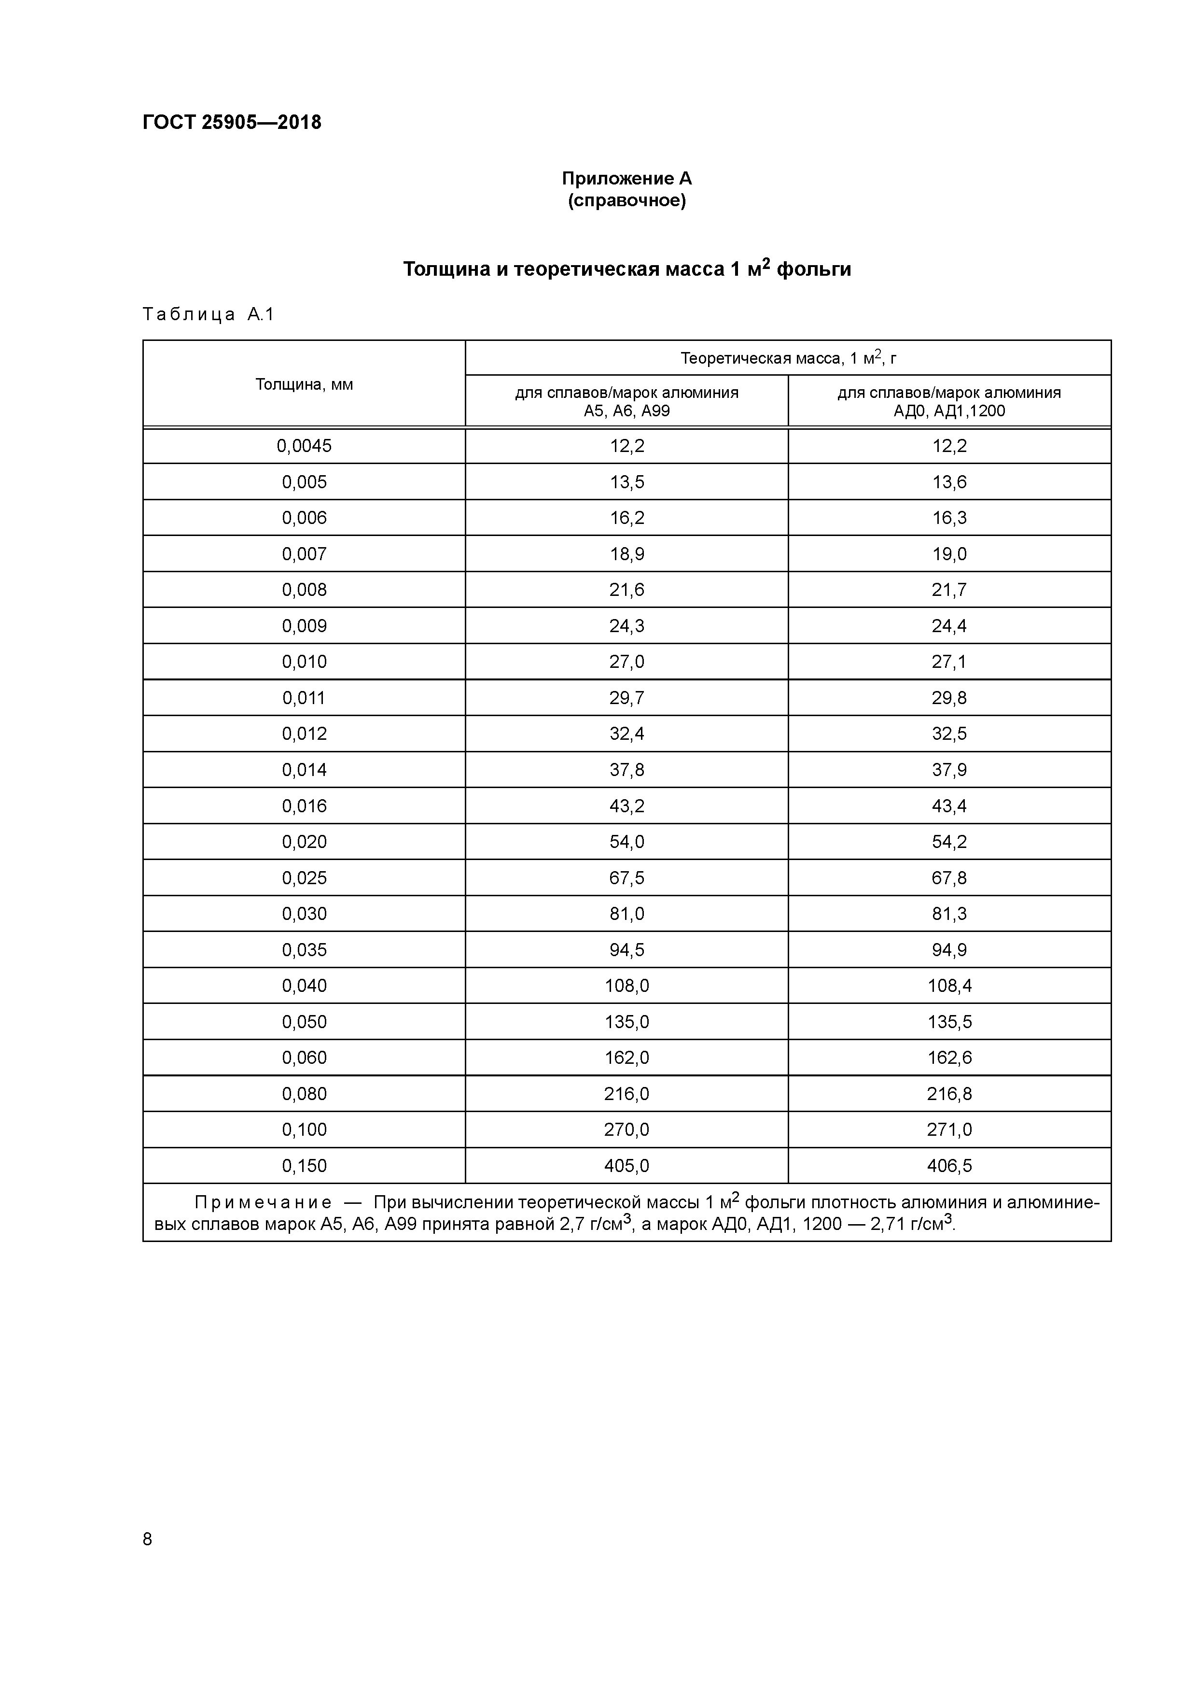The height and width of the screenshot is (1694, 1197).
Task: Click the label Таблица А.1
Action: [x=208, y=315]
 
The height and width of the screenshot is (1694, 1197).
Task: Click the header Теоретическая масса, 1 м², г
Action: [x=788, y=359]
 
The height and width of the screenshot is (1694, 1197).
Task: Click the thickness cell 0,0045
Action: [x=304, y=446]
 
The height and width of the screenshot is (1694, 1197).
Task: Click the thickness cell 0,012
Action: [x=304, y=734]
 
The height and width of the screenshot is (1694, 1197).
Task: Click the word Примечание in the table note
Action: [x=263, y=1202]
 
